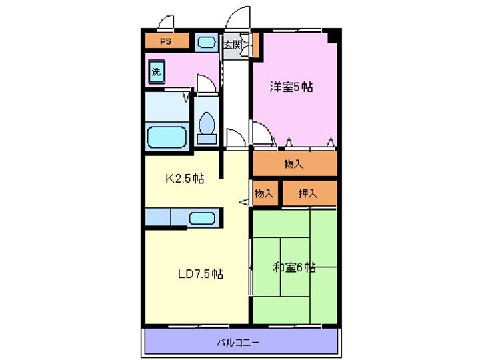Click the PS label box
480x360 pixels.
[167, 41]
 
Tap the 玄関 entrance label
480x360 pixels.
[233, 45]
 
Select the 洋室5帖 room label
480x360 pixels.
[291, 87]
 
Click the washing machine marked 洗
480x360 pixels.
[157, 72]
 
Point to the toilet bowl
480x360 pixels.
[207, 123]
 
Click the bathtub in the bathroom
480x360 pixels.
[167, 137]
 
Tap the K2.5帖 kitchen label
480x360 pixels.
[185, 178]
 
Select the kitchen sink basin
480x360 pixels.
[202, 218]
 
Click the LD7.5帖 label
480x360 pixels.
[201, 274]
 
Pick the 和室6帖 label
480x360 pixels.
[294, 267]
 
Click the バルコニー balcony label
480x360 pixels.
[238, 342]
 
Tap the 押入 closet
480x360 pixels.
[309, 193]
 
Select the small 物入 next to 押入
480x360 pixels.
[265, 193]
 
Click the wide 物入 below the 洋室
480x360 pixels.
[295, 164]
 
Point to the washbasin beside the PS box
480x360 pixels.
[206, 42]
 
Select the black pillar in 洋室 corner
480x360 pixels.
[334, 36]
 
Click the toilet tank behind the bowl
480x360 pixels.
[207, 139]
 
